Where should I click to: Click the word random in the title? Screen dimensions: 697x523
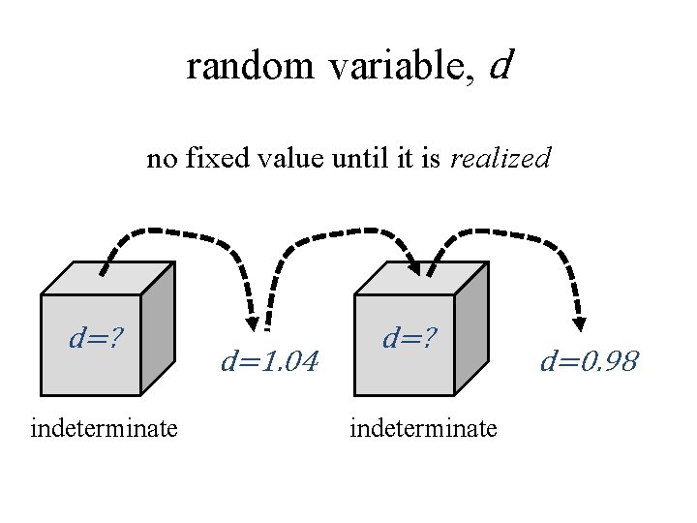250,66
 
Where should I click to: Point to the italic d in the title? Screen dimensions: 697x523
500,65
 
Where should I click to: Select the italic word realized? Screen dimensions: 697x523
500,157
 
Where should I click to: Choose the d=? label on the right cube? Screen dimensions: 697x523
409,338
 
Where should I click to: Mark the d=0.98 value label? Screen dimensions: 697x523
589,362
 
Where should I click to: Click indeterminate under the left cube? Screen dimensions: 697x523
105,427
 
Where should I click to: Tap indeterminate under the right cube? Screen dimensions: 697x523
423,427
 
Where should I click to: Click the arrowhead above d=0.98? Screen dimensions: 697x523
580,323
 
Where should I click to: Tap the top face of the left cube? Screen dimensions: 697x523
108,278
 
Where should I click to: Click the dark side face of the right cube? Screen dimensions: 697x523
470,326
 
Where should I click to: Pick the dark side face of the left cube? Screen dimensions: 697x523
158,326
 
